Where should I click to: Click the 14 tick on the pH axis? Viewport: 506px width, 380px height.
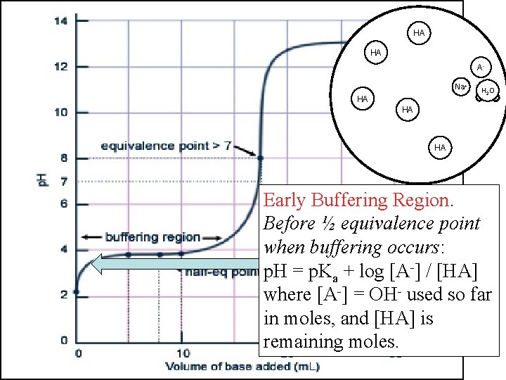[61, 21]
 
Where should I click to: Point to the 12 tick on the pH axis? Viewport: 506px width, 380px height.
[61, 67]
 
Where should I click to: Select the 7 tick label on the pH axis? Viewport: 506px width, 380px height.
[63, 182]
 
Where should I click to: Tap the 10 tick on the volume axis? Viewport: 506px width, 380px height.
[182, 353]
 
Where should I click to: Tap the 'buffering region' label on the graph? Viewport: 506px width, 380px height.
[153, 237]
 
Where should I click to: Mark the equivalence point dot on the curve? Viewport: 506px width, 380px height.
[260, 158]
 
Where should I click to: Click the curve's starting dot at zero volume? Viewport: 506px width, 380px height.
[77, 291]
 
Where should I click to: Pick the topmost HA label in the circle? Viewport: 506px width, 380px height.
[419, 33]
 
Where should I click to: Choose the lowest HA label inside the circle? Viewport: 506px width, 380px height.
[440, 148]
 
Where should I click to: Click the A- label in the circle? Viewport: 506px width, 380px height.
[480, 68]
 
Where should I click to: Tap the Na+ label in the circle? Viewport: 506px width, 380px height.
[460, 87]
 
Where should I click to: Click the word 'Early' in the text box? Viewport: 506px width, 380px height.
[286, 201]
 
